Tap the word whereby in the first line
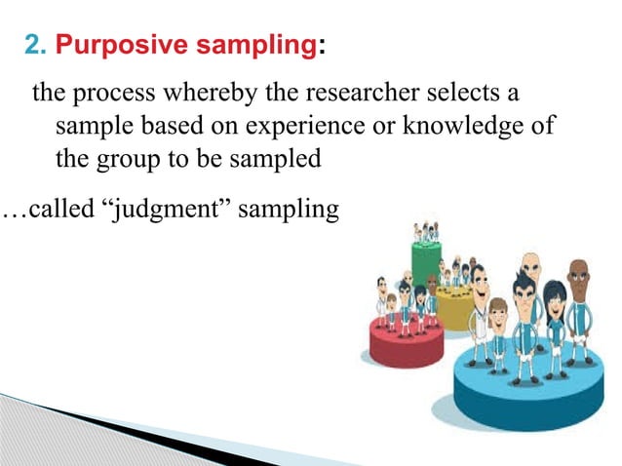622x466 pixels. (203, 96)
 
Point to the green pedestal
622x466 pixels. (425, 261)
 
